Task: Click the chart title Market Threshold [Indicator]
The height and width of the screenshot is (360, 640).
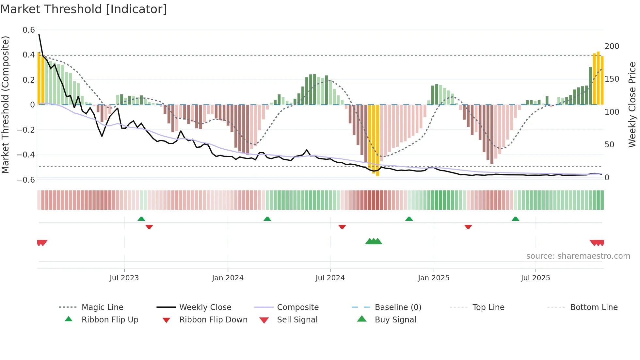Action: pyautogui.click(x=84, y=9)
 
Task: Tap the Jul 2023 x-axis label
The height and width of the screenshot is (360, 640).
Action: pyautogui.click(x=124, y=278)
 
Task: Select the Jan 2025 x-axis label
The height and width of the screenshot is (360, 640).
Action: pyautogui.click(x=434, y=278)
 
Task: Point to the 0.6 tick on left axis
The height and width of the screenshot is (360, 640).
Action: pyautogui.click(x=29, y=30)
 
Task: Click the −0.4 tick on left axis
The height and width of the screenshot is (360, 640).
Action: pyautogui.click(x=26, y=155)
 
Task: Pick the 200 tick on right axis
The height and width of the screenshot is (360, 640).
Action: pyautogui.click(x=612, y=46)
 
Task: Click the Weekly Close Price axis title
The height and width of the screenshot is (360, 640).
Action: pyautogui.click(x=632, y=105)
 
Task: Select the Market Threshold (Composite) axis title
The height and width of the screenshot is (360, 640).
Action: pyautogui.click(x=5, y=105)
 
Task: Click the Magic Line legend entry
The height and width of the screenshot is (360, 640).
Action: pyautogui.click(x=102, y=307)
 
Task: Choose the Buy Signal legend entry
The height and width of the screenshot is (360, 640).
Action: pyautogui.click(x=395, y=320)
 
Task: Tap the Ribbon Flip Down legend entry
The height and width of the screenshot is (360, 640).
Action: pyautogui.click(x=213, y=320)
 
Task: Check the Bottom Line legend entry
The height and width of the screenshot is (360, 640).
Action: pyautogui.click(x=594, y=307)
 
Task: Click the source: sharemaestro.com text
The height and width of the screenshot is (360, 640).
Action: pyautogui.click(x=578, y=256)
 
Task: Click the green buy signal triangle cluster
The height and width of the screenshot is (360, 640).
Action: pyautogui.click(x=374, y=241)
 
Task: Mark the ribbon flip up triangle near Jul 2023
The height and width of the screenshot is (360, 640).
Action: pyautogui.click(x=141, y=219)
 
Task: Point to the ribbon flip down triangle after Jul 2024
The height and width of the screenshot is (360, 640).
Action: pyautogui.click(x=342, y=227)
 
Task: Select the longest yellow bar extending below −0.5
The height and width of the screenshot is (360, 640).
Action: pyautogui.click(x=377, y=140)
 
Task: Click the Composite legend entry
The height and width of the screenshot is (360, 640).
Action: pyautogui.click(x=297, y=307)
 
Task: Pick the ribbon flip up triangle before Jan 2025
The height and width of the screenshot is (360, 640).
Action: pyautogui.click(x=409, y=219)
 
